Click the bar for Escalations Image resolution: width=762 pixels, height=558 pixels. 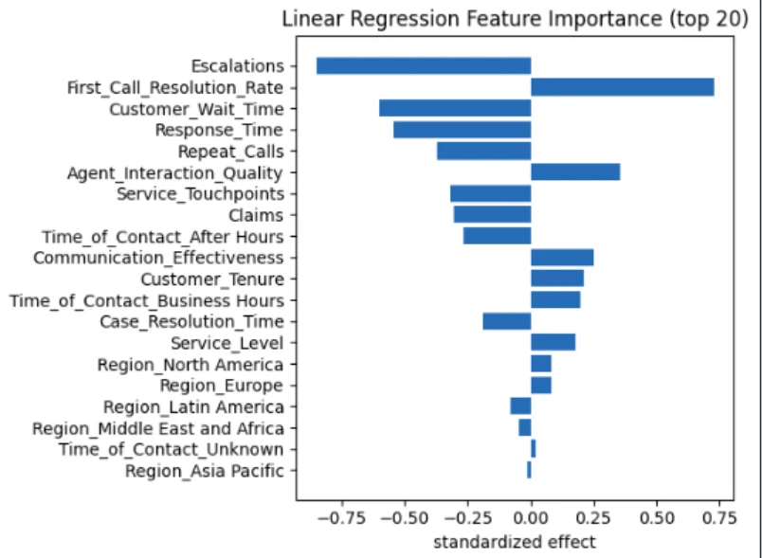(x=423, y=65)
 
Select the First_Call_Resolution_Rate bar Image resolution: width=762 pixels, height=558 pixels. (x=622, y=87)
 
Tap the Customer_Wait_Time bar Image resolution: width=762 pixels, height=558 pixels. (x=455, y=108)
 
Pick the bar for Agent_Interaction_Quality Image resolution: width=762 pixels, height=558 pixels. (x=575, y=172)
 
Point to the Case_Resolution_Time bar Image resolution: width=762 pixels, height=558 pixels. (x=506, y=321)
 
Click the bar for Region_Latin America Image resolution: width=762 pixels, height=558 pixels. (x=520, y=406)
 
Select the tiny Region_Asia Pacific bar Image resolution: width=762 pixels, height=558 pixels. (x=529, y=470)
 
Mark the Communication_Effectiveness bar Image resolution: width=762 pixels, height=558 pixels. (x=562, y=258)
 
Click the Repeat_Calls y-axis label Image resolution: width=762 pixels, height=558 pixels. (x=230, y=152)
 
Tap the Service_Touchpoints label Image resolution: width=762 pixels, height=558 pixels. (x=200, y=194)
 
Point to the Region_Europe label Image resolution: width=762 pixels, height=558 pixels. (x=222, y=386)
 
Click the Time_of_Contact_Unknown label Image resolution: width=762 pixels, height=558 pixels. (x=171, y=449)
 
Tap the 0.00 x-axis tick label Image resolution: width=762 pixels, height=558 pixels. (x=531, y=518)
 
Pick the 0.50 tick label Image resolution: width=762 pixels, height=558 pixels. (x=654, y=518)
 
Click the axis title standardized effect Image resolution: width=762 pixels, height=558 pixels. (x=515, y=542)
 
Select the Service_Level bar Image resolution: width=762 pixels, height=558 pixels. (x=553, y=343)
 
